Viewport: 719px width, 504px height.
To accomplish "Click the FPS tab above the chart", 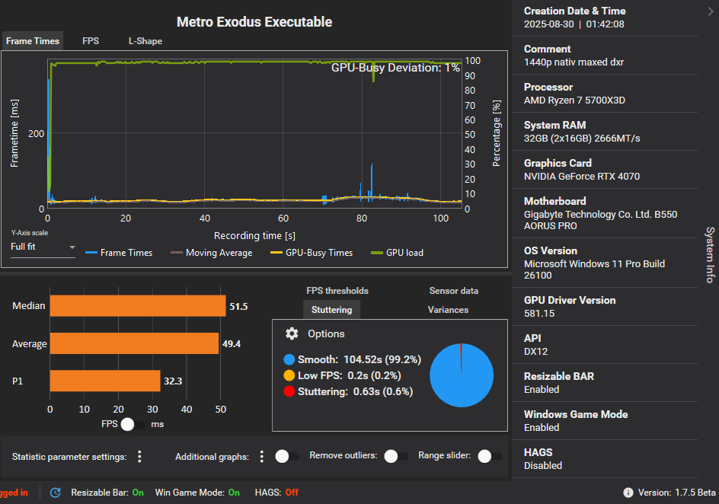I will pyautogui.click(x=91, y=41).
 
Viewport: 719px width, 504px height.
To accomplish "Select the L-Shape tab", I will pyautogui.click(x=145, y=41).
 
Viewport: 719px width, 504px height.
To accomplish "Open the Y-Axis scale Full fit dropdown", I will pyautogui.click(x=43, y=247).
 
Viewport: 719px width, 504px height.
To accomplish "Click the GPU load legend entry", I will pyautogui.click(x=397, y=253).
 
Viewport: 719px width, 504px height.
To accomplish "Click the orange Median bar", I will pyautogui.click(x=138, y=306).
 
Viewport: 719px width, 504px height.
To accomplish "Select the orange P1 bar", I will pyautogui.click(x=105, y=381).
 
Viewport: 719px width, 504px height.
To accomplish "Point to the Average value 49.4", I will pyautogui.click(x=232, y=344).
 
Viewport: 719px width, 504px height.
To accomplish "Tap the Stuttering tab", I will pyautogui.click(x=331, y=310).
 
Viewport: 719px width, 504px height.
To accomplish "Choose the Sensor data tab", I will pyautogui.click(x=453, y=291).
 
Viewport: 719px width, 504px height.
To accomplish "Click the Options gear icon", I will pyautogui.click(x=292, y=333).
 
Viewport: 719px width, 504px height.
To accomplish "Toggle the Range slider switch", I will pyautogui.click(x=489, y=456).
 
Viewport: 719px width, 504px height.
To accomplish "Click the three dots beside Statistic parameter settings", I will pyautogui.click(x=139, y=457).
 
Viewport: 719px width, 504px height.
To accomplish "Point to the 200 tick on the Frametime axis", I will pyautogui.click(x=36, y=133).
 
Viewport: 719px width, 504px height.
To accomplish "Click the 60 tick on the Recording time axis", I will pyautogui.click(x=283, y=219).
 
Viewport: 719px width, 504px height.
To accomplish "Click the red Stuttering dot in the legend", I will pyautogui.click(x=289, y=391).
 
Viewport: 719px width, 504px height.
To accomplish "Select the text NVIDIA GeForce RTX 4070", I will pyautogui.click(x=581, y=177).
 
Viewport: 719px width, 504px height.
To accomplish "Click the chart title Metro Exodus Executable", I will pyautogui.click(x=254, y=22).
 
